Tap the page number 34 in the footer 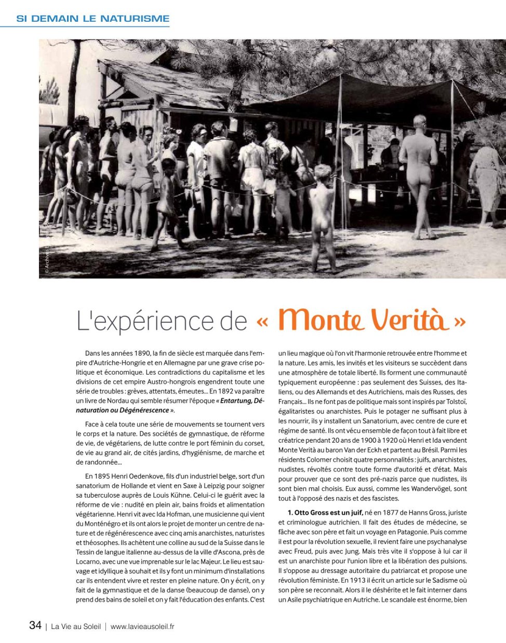pos(35,625)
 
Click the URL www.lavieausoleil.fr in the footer pos(142,626)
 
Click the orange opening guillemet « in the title pos(262,321)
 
